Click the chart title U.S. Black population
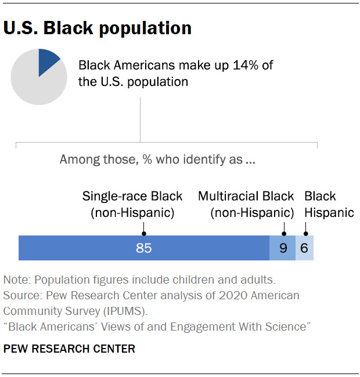coord(98,28)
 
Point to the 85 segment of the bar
coord(143,248)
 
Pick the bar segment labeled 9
coord(283,248)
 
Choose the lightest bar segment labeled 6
coord(305,248)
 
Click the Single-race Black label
coord(132,196)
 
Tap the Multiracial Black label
coord(246,196)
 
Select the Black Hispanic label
coord(329,204)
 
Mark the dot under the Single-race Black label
coord(143,229)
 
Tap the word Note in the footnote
coord(16,280)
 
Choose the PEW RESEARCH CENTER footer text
coord(69,349)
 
